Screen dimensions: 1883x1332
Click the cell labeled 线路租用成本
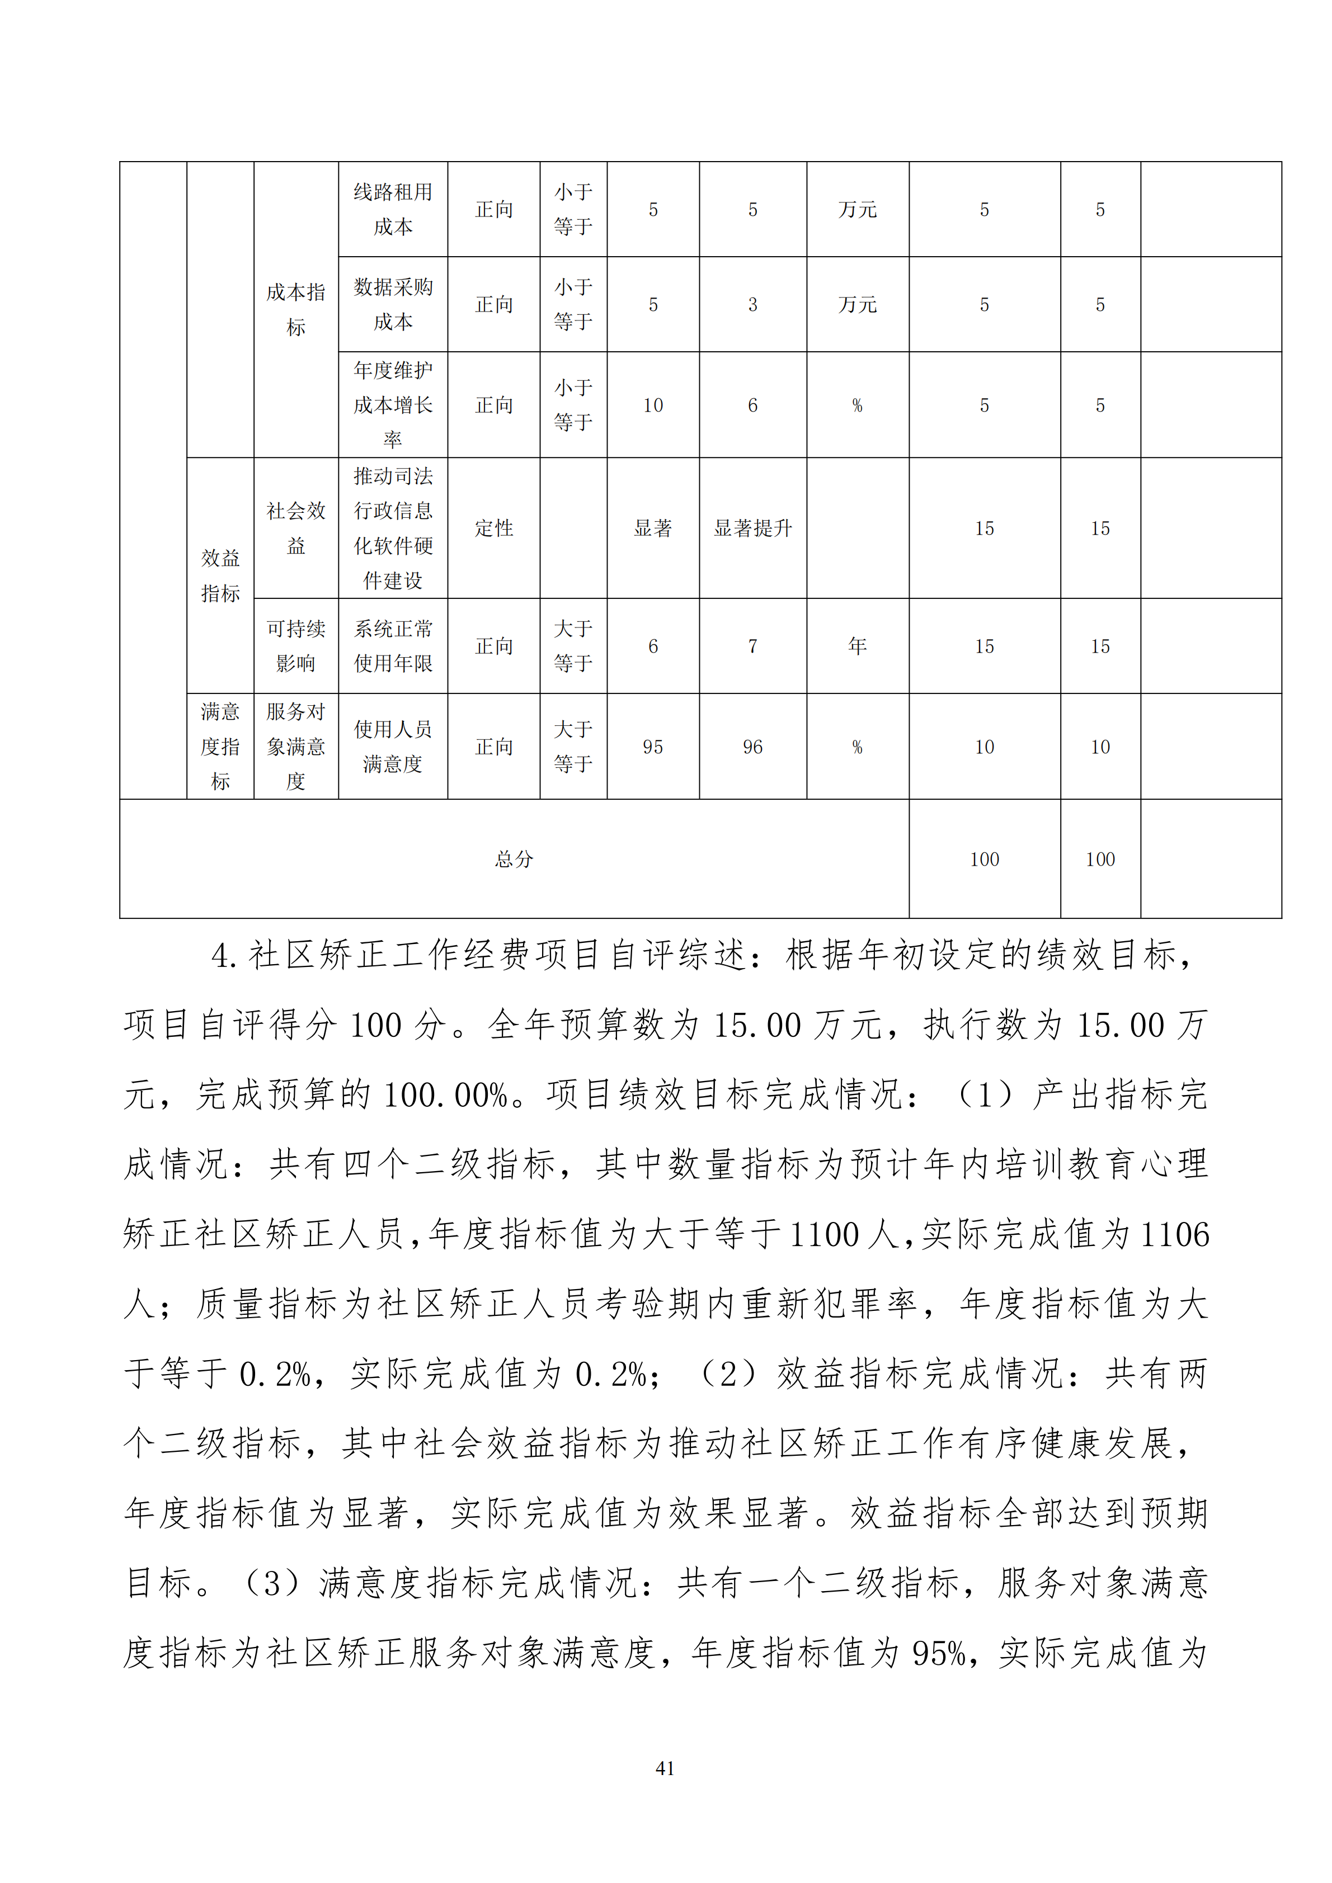point(393,209)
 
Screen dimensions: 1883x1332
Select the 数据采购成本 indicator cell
point(393,304)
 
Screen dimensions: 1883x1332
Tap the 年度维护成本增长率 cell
point(393,405)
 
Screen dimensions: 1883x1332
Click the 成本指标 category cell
point(296,309)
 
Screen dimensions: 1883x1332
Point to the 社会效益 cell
point(296,528)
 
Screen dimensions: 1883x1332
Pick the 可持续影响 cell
point(296,646)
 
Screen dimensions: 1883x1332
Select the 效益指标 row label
point(220,575)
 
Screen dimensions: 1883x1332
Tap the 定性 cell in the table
point(494,528)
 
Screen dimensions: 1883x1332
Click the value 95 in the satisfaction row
point(653,747)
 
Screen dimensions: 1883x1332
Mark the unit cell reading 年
point(857,646)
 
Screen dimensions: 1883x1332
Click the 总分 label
point(514,860)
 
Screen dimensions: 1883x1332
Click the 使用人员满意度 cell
point(393,747)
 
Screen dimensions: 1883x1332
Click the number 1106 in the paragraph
point(1175,1234)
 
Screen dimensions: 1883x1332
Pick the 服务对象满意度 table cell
point(296,747)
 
